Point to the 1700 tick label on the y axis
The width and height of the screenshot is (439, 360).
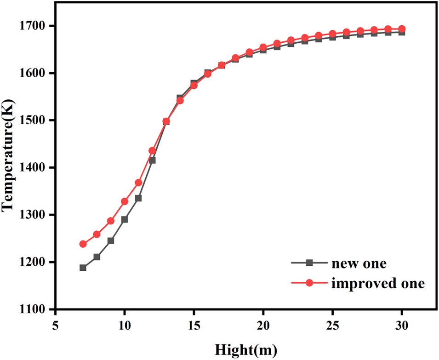36,26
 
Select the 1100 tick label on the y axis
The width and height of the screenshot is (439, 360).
36,309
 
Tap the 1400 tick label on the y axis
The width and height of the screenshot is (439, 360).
36,168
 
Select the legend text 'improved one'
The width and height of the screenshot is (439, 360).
377,283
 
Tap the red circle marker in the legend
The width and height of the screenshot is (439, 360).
309,283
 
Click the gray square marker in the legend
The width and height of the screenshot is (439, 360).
309,263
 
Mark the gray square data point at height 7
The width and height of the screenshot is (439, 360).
83,268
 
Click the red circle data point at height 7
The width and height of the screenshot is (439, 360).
83,244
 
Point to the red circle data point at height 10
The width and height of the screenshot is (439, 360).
125,201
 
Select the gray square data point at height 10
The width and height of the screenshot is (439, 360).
125,219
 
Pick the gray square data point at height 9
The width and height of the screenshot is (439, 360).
111,241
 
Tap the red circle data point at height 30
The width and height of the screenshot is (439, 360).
402,29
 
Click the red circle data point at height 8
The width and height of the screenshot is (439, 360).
97,234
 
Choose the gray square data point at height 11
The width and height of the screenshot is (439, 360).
138,198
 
